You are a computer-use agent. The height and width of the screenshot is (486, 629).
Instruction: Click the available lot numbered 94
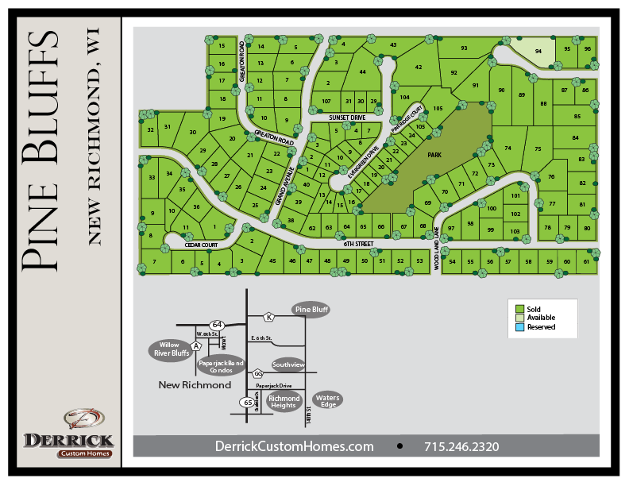538,50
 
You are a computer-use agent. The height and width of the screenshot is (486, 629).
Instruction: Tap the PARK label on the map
434,156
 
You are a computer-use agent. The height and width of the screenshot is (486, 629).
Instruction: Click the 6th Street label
357,244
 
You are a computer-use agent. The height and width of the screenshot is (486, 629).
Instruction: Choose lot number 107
326,102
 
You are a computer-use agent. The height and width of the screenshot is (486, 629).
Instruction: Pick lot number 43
393,45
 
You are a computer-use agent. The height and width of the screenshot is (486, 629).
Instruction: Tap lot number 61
587,261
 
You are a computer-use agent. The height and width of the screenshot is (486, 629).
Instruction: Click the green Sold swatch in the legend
519,308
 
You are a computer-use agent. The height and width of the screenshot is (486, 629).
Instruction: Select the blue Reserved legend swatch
519,326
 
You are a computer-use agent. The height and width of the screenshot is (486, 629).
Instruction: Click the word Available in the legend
541,318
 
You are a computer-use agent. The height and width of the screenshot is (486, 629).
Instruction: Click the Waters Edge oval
327,400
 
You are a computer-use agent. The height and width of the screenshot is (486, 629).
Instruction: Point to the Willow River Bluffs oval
170,349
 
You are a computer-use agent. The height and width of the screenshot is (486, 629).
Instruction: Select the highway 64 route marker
217,325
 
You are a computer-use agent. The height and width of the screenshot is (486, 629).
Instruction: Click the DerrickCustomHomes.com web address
294,446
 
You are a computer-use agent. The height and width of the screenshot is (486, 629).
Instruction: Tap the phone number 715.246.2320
461,446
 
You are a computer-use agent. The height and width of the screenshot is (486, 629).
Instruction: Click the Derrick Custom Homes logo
68,433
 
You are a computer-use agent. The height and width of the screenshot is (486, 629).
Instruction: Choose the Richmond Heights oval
284,402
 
